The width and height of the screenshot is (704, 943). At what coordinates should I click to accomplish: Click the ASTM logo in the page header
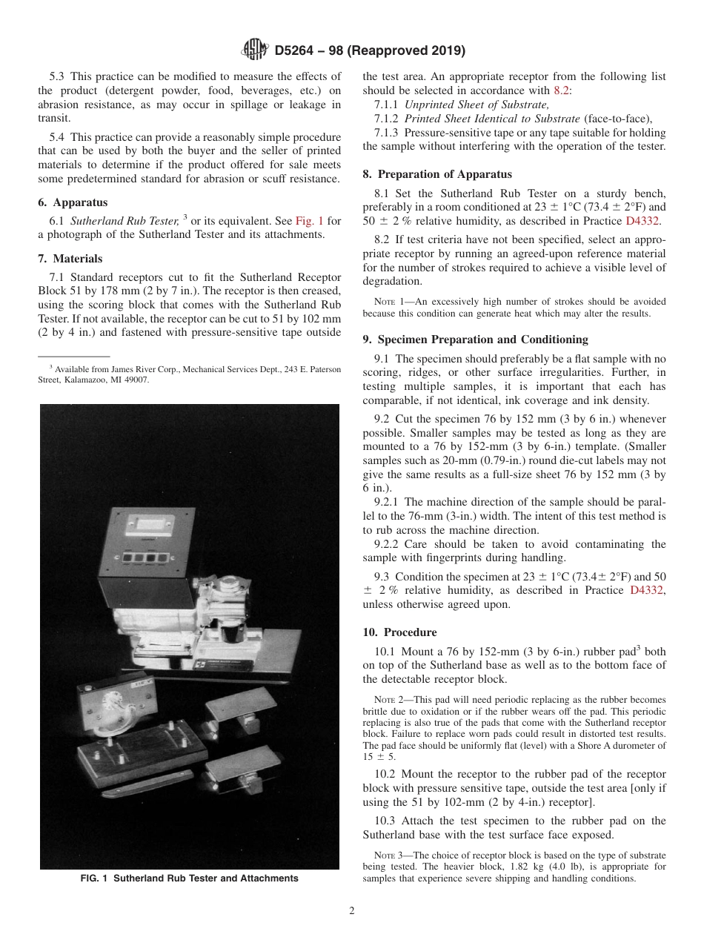(255, 51)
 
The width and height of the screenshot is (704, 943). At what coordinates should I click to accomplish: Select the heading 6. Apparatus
(73, 202)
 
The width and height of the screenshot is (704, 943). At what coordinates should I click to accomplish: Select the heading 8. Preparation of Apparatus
(437, 174)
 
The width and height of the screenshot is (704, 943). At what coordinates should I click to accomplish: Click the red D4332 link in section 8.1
(643, 220)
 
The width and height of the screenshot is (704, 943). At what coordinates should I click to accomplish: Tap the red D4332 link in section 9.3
(647, 590)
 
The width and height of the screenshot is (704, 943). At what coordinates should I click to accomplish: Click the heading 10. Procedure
(399, 632)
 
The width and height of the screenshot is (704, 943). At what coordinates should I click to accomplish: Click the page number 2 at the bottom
(352, 911)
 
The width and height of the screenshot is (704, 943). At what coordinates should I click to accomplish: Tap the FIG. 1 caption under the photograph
(189, 879)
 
